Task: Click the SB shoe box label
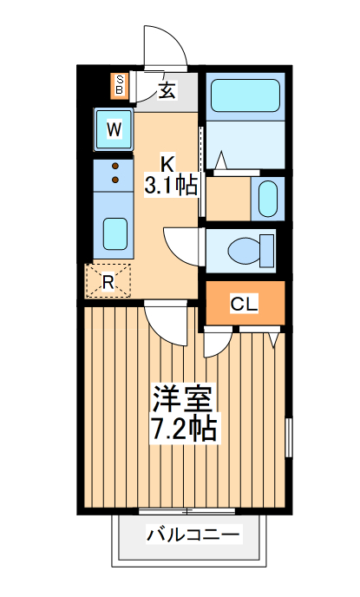[120, 86]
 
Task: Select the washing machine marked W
[114, 130]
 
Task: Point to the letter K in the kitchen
[168, 161]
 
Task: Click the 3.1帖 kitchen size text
[171, 184]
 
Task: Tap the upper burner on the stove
[114, 165]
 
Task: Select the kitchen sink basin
[115, 233]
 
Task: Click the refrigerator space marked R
[108, 280]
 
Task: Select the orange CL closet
[245, 303]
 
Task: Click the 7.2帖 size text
[184, 428]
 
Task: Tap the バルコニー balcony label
[193, 535]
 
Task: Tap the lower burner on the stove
[114, 180]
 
